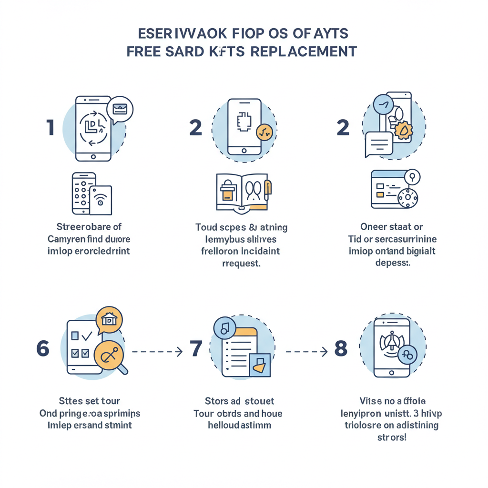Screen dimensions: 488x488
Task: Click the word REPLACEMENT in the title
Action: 303,51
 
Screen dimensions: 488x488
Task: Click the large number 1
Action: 50,128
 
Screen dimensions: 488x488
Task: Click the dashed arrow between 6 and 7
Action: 157,352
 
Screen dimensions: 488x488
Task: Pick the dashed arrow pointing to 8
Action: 306,352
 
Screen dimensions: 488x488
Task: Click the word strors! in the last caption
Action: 392,437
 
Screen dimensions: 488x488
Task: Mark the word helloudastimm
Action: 239,425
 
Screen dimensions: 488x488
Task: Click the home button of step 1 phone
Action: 93,156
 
